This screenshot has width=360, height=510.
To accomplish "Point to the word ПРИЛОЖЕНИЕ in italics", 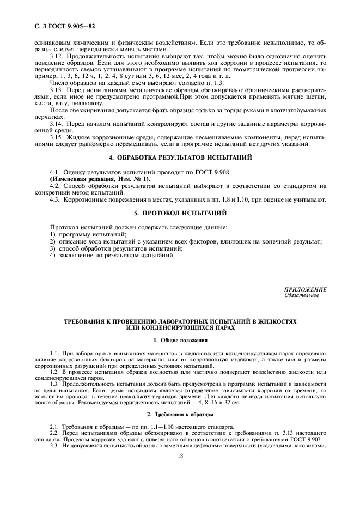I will tap(306, 289).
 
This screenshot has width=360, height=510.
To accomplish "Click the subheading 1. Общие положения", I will tap(180, 340).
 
